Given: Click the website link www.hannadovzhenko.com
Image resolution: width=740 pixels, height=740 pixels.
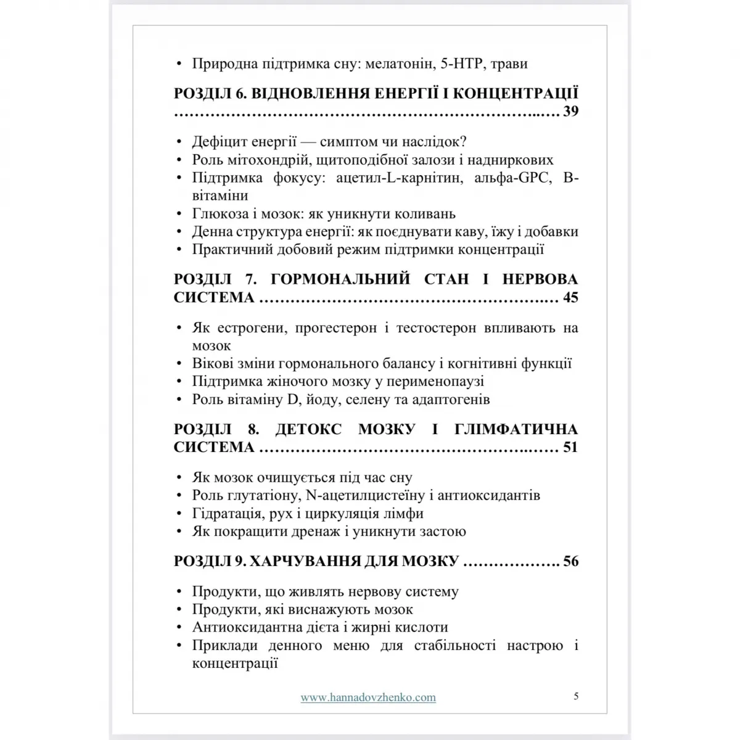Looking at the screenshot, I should [x=368, y=697].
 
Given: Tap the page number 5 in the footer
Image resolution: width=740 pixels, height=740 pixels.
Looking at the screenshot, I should [x=576, y=696].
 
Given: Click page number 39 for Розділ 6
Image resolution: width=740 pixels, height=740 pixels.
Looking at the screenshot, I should [x=570, y=112].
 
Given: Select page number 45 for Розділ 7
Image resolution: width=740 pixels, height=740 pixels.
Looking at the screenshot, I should [x=570, y=297].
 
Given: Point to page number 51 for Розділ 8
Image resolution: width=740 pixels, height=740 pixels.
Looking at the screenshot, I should [x=570, y=447].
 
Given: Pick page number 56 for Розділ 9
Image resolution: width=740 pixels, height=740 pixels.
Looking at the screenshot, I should [x=570, y=561].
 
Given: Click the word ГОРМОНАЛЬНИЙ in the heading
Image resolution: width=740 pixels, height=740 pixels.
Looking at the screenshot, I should [x=340, y=279].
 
